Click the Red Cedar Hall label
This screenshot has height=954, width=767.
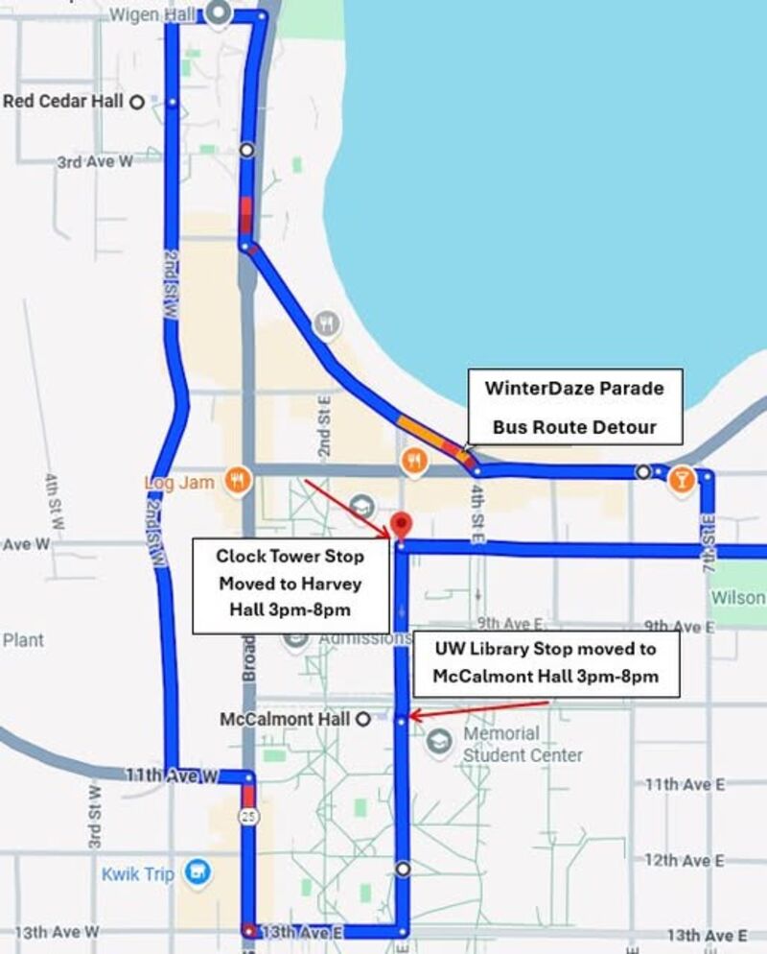pyautogui.click(x=64, y=101)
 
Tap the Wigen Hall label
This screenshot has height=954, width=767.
pyautogui.click(x=152, y=15)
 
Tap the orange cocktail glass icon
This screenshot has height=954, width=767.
pyautogui.click(x=682, y=479)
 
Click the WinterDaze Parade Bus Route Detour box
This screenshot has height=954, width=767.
pyautogui.click(x=574, y=406)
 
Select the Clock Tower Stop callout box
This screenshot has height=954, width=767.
pyautogui.click(x=290, y=584)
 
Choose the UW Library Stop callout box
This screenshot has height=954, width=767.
pyautogui.click(x=546, y=662)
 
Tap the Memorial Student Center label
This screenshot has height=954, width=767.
pyautogui.click(x=523, y=744)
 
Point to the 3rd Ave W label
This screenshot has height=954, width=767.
pyautogui.click(x=95, y=162)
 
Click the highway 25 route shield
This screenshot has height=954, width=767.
pyautogui.click(x=248, y=816)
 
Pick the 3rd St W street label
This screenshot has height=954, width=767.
pyautogui.click(x=95, y=816)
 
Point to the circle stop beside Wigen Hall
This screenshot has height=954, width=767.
pyautogui.click(x=218, y=13)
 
